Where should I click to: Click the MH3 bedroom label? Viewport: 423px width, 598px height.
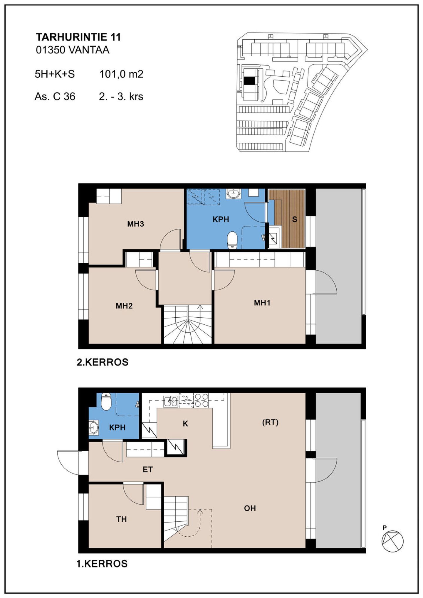point(135,224)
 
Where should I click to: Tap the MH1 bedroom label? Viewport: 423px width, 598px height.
point(262,303)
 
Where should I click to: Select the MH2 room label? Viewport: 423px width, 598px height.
point(124,306)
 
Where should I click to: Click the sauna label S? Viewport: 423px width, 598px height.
point(295,219)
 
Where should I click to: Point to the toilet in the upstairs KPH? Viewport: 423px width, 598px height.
point(232,240)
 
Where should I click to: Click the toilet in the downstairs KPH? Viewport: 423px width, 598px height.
point(106,402)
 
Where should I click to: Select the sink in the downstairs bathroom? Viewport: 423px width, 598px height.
point(94,427)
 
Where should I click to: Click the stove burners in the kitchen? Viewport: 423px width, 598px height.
point(201,400)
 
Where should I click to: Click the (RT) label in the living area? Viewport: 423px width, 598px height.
point(270,422)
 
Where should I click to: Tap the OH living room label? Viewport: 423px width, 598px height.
point(250,508)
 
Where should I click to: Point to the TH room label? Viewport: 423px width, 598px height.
point(121,519)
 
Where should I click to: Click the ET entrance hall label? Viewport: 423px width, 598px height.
point(147,469)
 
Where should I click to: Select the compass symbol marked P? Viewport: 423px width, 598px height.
point(392,540)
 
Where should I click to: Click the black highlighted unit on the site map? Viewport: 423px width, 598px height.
point(250,80)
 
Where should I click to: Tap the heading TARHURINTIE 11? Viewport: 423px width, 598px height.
point(78,37)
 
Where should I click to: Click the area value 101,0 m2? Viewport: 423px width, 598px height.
point(121,74)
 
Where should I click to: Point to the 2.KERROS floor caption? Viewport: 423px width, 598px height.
point(103,362)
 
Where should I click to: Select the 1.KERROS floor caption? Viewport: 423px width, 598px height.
point(102,564)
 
